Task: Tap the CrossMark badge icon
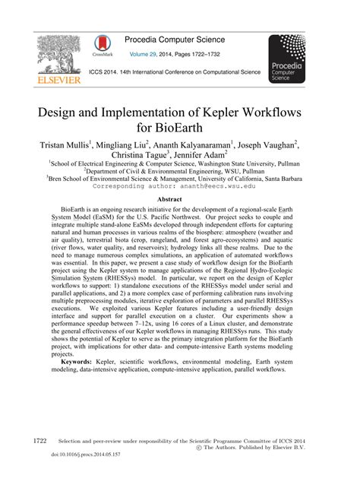coord(99,45)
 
